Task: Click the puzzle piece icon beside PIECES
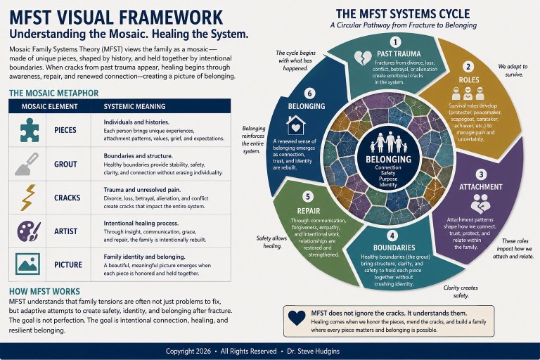click(30, 130)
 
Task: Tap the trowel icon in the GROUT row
click(27, 164)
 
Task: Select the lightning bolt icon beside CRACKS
click(28, 198)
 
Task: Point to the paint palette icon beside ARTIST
click(29, 231)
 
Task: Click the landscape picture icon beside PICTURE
click(27, 264)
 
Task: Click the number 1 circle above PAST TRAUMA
click(395, 42)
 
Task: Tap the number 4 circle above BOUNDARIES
click(392, 236)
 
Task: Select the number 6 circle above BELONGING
click(309, 94)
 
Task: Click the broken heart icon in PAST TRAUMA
click(363, 58)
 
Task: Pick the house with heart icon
click(296, 124)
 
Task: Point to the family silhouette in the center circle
click(389, 142)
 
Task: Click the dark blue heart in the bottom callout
click(297, 318)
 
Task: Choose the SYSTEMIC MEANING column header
click(134, 106)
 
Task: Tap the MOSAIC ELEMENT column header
click(50, 106)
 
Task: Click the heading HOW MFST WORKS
click(44, 291)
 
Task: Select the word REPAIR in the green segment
click(309, 211)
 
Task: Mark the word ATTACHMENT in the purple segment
click(481, 187)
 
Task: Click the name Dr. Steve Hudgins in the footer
click(314, 351)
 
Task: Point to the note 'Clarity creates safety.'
click(461, 291)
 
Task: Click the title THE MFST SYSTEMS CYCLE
click(403, 14)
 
